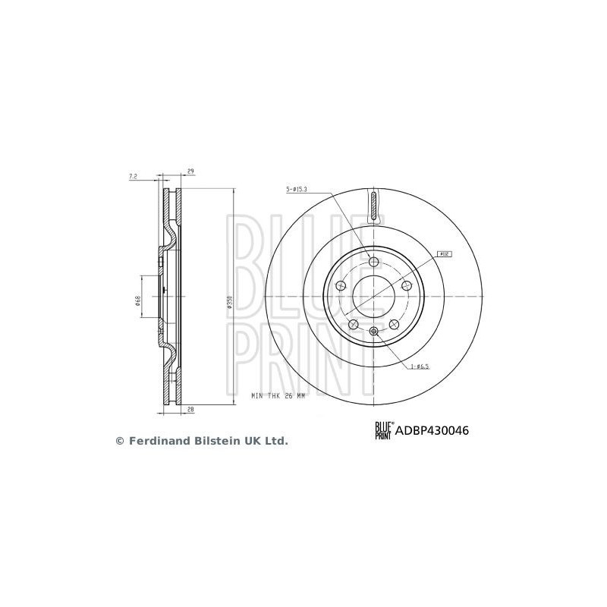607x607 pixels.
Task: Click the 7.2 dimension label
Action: [133, 176]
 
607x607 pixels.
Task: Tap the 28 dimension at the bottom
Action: [190, 410]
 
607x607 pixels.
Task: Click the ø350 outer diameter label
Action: [228, 303]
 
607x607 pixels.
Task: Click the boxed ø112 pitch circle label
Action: [444, 254]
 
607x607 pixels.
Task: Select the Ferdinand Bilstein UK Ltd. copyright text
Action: [201, 440]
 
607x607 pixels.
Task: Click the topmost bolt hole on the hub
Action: [373, 262]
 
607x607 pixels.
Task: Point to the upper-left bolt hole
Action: [341, 286]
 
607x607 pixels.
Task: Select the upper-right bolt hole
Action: [405, 285]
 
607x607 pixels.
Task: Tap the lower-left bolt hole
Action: [353, 324]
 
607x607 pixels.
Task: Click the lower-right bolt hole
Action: [393, 324]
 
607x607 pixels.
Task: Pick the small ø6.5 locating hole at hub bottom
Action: [373, 330]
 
